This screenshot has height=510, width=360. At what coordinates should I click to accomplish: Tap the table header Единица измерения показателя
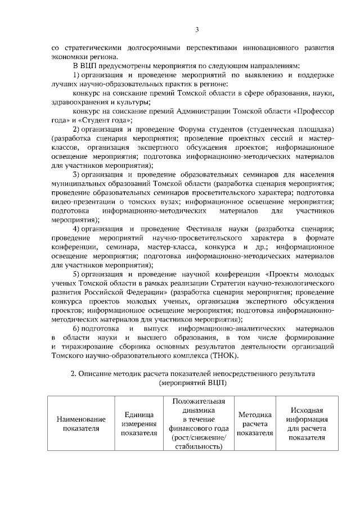(139, 423)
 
